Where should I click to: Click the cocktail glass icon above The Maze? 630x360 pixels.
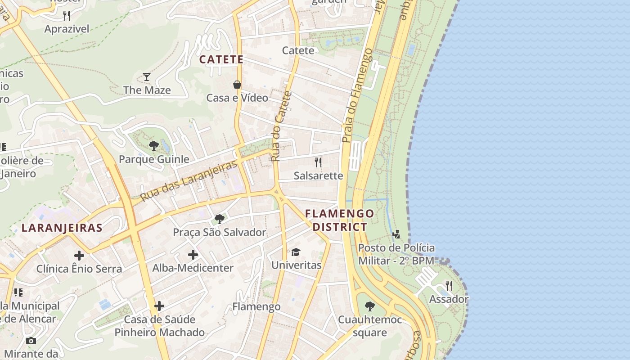[147, 76]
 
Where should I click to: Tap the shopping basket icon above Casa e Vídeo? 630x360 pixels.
[237, 84]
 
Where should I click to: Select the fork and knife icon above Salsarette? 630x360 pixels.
[318, 162]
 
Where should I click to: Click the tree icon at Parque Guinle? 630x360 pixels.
[153, 145]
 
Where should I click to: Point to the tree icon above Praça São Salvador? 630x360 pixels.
[220, 219]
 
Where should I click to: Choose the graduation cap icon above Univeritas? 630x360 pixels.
[296, 252]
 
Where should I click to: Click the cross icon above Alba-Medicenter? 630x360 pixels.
[193, 255]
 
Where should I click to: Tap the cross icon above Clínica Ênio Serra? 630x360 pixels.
[79, 256]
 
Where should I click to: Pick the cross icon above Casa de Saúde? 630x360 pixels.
[159, 306]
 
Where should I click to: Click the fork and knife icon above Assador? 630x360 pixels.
[449, 285]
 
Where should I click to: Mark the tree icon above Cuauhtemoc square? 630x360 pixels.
[369, 306]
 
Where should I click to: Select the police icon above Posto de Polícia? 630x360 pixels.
[396, 234]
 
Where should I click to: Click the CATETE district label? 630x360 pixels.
[221, 59]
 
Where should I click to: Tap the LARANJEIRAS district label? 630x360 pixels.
[62, 228]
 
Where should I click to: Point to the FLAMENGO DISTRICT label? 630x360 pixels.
[340, 220]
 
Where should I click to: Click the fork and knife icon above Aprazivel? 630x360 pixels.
[67, 16]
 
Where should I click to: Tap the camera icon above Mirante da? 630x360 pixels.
[31, 341]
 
